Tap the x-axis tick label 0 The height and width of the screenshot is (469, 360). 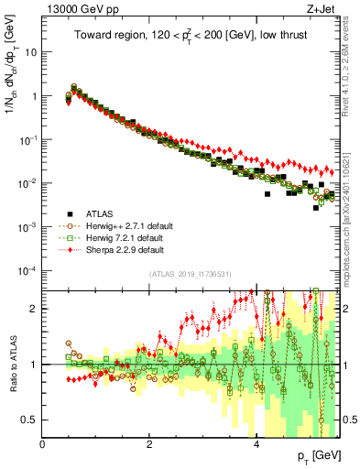[x=43, y=444]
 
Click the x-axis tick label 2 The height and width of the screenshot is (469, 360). [x=150, y=444]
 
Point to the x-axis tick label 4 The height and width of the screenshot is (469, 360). [x=256, y=444]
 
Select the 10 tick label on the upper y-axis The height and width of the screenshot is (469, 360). [x=30, y=52]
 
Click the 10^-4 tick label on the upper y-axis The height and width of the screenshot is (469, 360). [x=27, y=270]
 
